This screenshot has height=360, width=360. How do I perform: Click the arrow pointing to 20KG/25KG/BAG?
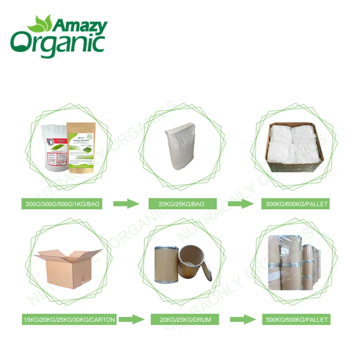click(x=126, y=204)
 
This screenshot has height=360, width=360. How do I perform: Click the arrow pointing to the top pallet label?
click(x=240, y=204)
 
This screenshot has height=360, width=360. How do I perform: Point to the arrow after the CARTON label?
click(x=132, y=320)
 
